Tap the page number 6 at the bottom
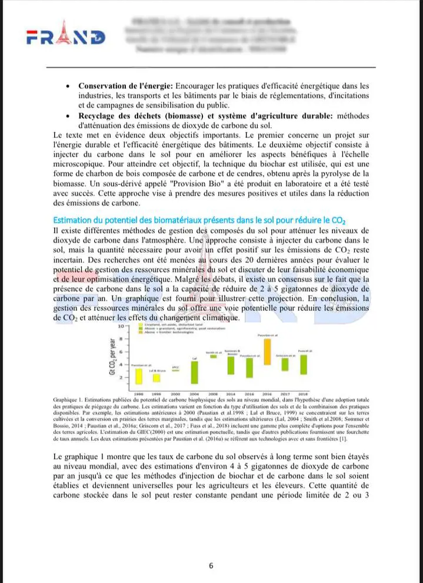211,566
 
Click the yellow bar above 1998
139,376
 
